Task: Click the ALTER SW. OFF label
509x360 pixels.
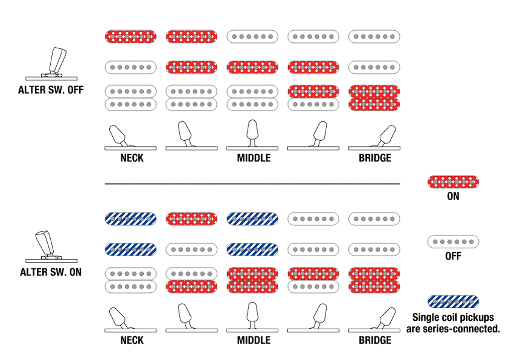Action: click(51, 90)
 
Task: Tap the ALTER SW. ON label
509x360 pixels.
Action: click(51, 272)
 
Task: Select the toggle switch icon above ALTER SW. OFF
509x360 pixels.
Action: click(52, 64)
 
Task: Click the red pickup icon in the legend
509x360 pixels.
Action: click(453, 182)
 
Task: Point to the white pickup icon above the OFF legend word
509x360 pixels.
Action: click(453, 242)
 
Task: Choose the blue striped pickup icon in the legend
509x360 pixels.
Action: click(453, 301)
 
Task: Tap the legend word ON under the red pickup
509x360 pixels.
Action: click(453, 196)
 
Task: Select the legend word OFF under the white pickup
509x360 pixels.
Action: click(453, 256)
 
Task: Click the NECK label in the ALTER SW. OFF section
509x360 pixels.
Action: click(132, 158)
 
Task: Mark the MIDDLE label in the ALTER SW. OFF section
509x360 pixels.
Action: click(254, 158)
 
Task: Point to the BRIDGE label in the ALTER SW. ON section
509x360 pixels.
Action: click(375, 340)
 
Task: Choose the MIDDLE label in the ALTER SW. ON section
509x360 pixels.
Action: click(254, 340)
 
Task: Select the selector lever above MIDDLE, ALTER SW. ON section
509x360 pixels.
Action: click(252, 315)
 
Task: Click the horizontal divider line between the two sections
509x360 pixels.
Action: click(252, 184)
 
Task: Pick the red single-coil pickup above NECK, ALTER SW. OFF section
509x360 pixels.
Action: click(131, 37)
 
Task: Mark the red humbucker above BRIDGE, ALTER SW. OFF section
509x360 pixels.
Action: click(374, 98)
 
